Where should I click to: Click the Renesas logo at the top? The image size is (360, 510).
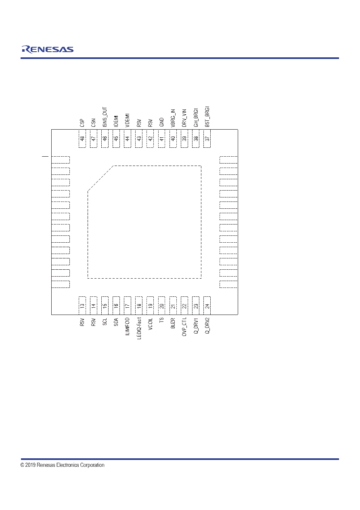(48, 49)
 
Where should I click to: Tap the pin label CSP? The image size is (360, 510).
(82, 123)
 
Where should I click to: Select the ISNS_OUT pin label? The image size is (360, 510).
(105, 117)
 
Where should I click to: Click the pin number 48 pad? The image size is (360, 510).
(82, 139)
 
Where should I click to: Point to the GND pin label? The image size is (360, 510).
(161, 122)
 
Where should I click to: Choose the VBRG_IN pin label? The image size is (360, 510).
(173, 118)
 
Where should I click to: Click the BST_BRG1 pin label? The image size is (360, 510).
(207, 117)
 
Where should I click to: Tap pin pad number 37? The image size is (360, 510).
(207, 139)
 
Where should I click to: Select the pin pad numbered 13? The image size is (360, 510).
(82, 306)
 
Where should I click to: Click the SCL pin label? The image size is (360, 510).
(105, 322)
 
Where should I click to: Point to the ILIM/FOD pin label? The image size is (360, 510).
(128, 327)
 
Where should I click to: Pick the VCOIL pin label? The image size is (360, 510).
(150, 324)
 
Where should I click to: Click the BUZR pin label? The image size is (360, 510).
(173, 323)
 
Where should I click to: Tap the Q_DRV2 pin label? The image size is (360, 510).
(207, 326)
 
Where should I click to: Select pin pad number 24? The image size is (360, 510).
(207, 306)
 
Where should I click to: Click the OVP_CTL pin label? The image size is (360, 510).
(184, 327)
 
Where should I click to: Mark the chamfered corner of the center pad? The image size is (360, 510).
(101, 178)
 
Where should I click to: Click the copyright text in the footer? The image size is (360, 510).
(62, 465)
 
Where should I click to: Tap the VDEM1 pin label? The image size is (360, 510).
(128, 120)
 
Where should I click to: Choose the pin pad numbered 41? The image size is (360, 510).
(161, 139)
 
